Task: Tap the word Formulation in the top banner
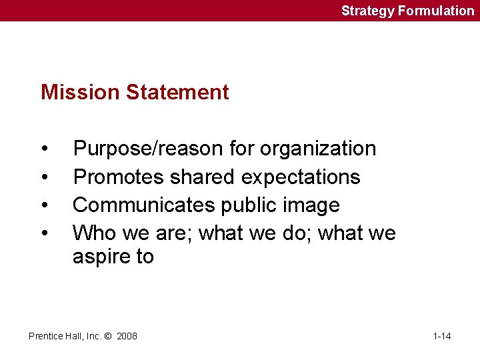[437, 11]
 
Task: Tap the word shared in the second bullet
[203, 177]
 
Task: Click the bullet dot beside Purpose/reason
[44, 149]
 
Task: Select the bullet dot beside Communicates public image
[44, 205]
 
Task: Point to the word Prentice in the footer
[45, 336]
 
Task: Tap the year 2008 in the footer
[127, 336]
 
